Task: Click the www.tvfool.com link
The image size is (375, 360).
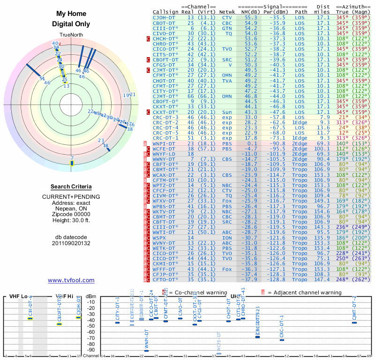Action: tap(71, 280)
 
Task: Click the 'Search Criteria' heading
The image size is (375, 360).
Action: tap(71, 187)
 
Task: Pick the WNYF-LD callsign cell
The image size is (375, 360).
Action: tap(164, 154)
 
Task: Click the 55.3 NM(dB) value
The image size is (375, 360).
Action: tap(251, 17)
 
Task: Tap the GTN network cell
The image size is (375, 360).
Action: tap(227, 28)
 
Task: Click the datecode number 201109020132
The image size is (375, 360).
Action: tap(71, 243)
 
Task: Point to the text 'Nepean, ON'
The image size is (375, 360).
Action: tap(71, 209)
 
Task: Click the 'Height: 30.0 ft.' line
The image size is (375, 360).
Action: tap(71, 221)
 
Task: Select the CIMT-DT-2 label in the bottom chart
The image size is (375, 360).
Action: tap(354, 307)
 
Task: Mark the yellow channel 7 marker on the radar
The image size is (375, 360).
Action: tap(72, 163)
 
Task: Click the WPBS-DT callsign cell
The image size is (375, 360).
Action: tap(164, 206)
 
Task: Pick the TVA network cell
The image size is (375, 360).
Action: tap(227, 81)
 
